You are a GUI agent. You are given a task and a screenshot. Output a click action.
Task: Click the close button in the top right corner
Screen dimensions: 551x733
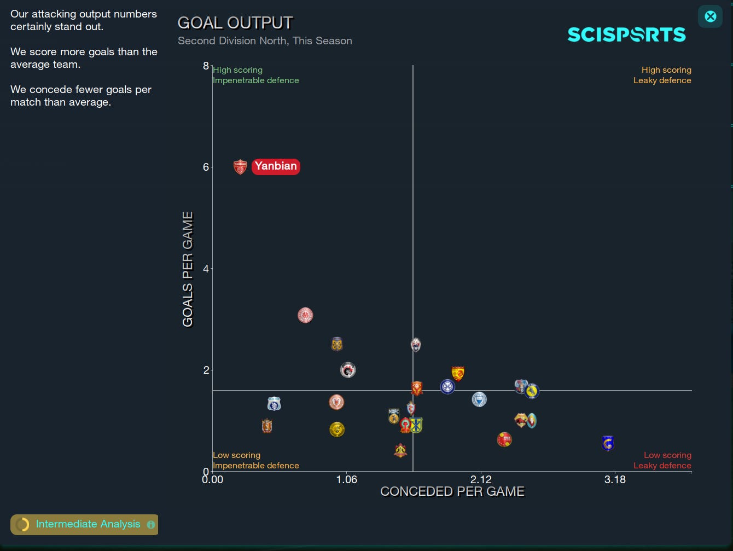tap(710, 16)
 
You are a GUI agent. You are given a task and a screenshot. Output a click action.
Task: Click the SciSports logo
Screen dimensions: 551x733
tap(626, 35)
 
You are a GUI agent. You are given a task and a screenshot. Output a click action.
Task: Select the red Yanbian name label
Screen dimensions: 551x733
tap(276, 166)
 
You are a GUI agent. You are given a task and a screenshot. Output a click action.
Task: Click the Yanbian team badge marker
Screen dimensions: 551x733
tap(240, 167)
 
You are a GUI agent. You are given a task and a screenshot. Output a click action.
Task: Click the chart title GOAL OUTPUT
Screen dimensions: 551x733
tap(235, 23)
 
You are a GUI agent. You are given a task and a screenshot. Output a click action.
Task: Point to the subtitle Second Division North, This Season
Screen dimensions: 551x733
tap(265, 41)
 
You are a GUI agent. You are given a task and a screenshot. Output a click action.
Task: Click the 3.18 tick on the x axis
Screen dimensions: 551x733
tap(615, 480)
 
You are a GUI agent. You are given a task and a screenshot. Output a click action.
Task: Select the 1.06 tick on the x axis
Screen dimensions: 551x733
tap(346, 480)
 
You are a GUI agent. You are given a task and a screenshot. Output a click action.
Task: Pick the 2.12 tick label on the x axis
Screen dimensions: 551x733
tap(480, 480)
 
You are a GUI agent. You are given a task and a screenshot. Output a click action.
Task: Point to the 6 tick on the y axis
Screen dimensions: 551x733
tap(206, 167)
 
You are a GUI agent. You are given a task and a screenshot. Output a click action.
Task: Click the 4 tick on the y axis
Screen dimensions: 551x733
tap(206, 269)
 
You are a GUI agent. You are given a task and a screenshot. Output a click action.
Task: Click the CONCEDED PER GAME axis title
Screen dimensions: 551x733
tap(452, 491)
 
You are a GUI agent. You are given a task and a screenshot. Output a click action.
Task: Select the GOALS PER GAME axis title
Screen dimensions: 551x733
tap(188, 269)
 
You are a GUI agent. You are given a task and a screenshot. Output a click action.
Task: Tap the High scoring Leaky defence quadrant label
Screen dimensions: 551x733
tap(662, 76)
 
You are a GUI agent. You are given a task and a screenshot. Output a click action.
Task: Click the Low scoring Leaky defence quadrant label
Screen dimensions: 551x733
tap(662, 460)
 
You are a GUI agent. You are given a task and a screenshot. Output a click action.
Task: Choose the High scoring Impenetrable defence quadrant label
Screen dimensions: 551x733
tap(255, 76)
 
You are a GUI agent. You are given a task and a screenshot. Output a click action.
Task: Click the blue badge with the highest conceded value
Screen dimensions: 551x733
tap(608, 443)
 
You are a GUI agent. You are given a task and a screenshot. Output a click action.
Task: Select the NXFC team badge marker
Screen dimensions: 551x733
tap(394, 416)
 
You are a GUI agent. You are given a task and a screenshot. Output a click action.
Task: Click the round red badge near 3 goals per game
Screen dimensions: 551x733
tap(305, 316)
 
